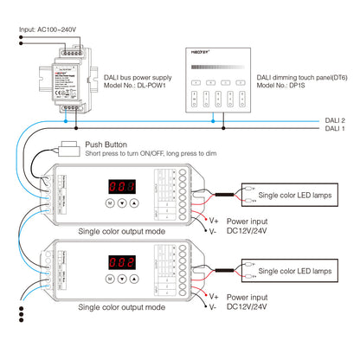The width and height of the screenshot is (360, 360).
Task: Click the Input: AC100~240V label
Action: coord(48,29)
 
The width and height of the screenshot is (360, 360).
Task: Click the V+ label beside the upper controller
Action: coord(213,222)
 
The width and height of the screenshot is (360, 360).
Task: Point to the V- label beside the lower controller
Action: coord(213,307)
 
